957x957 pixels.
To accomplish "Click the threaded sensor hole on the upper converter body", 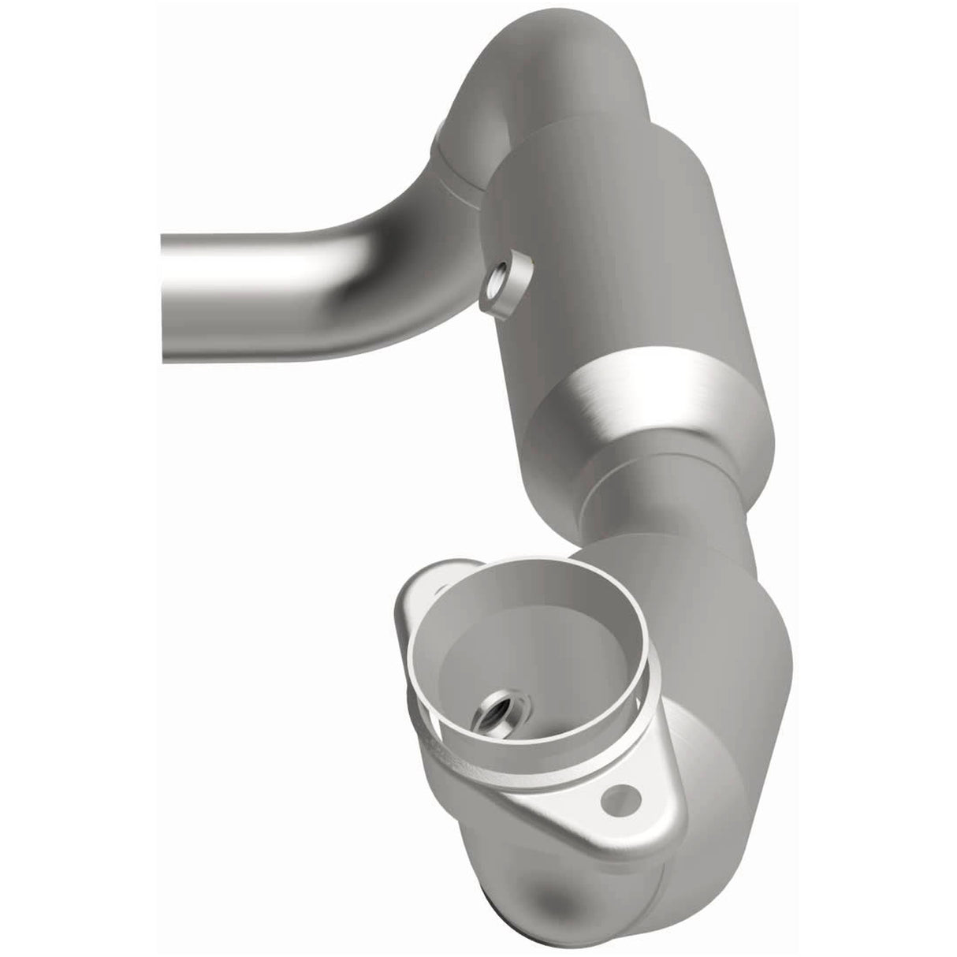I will (502, 278).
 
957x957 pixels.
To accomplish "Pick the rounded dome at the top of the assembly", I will (568, 63).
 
